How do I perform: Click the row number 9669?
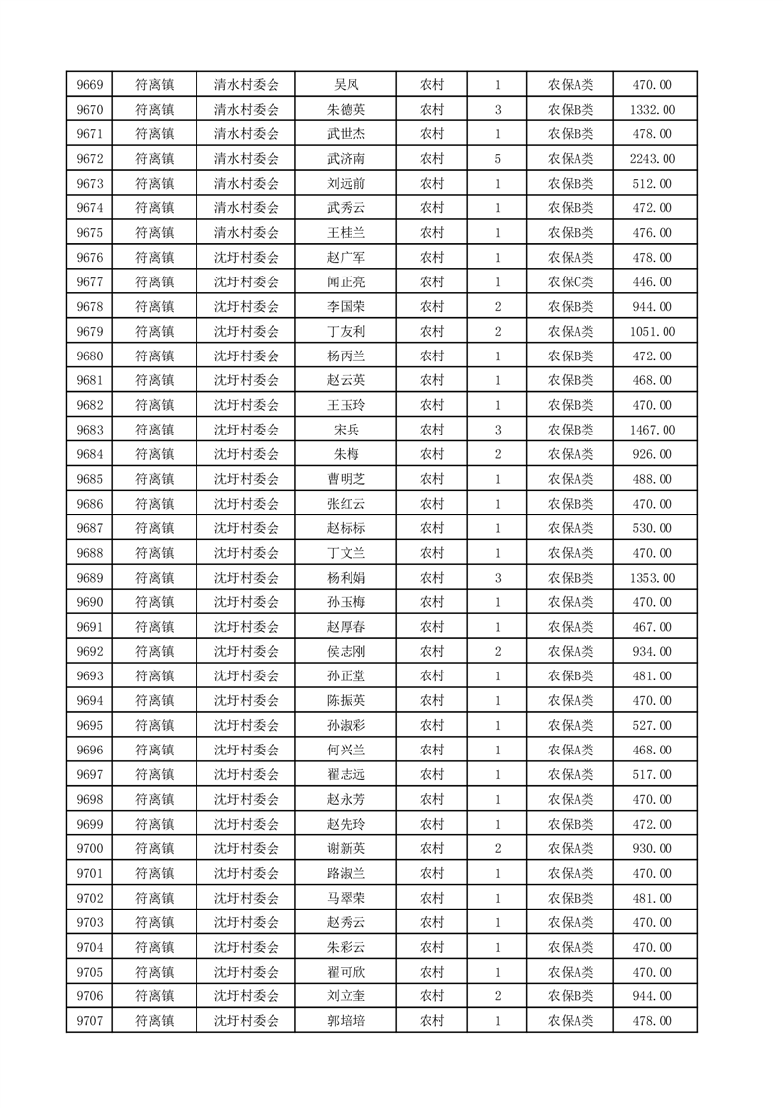pyautogui.click(x=89, y=85)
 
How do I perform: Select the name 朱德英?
pyautogui.click(x=346, y=110)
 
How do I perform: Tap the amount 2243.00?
pyautogui.click(x=652, y=159)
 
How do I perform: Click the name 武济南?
pyautogui.click(x=346, y=159)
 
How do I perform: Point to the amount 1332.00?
pyautogui.click(x=652, y=110)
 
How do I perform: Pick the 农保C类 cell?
pyautogui.click(x=571, y=281)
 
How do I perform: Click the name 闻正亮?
pyautogui.click(x=346, y=281)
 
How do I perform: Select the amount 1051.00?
pyautogui.click(x=652, y=331)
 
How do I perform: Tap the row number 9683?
pyautogui.click(x=89, y=430)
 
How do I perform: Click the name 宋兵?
pyautogui.click(x=346, y=430)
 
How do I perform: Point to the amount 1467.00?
pyautogui.click(x=652, y=430)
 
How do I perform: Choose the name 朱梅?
pyautogui.click(x=346, y=454)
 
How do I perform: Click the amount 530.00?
pyautogui.click(x=652, y=528)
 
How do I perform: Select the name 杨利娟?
pyautogui.click(x=346, y=578)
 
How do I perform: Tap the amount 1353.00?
pyautogui.click(x=652, y=578)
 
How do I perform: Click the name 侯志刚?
pyautogui.click(x=346, y=651)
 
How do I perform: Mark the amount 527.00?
pyautogui.click(x=652, y=725)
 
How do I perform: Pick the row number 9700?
pyautogui.click(x=89, y=848)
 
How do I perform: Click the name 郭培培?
pyautogui.click(x=346, y=1021)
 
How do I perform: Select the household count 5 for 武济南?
pyautogui.click(x=497, y=159)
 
